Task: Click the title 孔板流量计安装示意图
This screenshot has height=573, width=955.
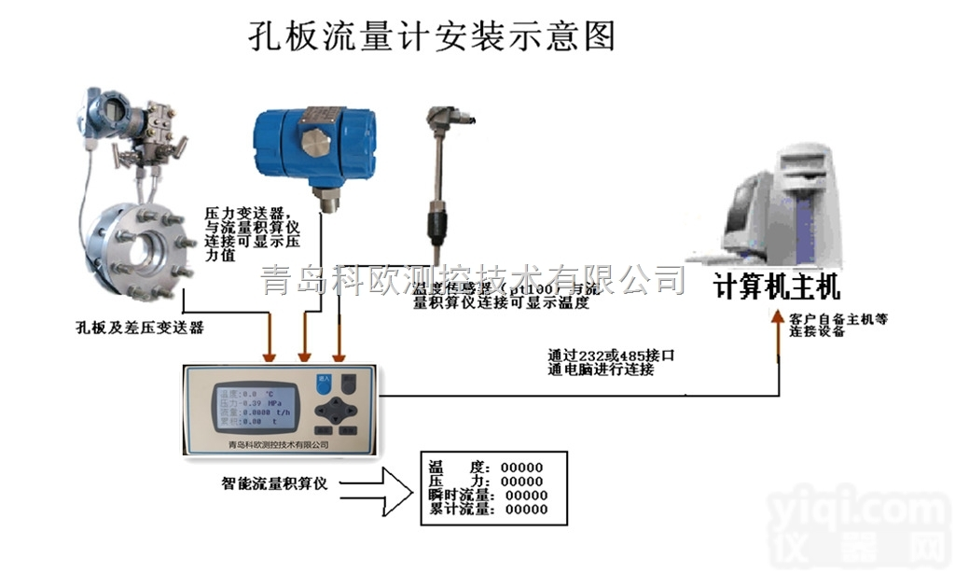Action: click(432, 36)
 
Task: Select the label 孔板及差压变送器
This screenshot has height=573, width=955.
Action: click(139, 328)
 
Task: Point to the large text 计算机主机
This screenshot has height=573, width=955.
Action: click(777, 285)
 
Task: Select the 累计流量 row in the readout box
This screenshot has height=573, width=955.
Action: click(487, 510)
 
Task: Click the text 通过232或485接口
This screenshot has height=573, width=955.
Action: click(611, 356)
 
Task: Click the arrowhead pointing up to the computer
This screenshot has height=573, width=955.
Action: click(779, 332)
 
